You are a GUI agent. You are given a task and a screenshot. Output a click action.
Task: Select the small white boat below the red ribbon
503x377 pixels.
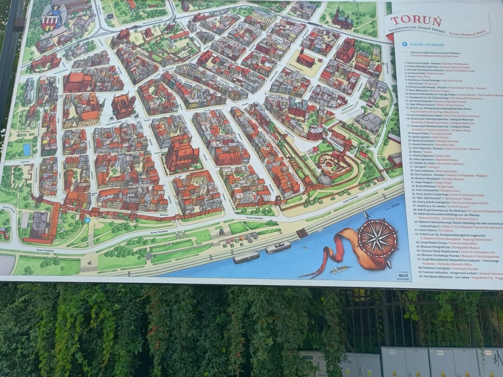click(339, 269)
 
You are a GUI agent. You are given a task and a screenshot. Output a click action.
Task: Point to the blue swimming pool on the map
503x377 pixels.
click(27, 150)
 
